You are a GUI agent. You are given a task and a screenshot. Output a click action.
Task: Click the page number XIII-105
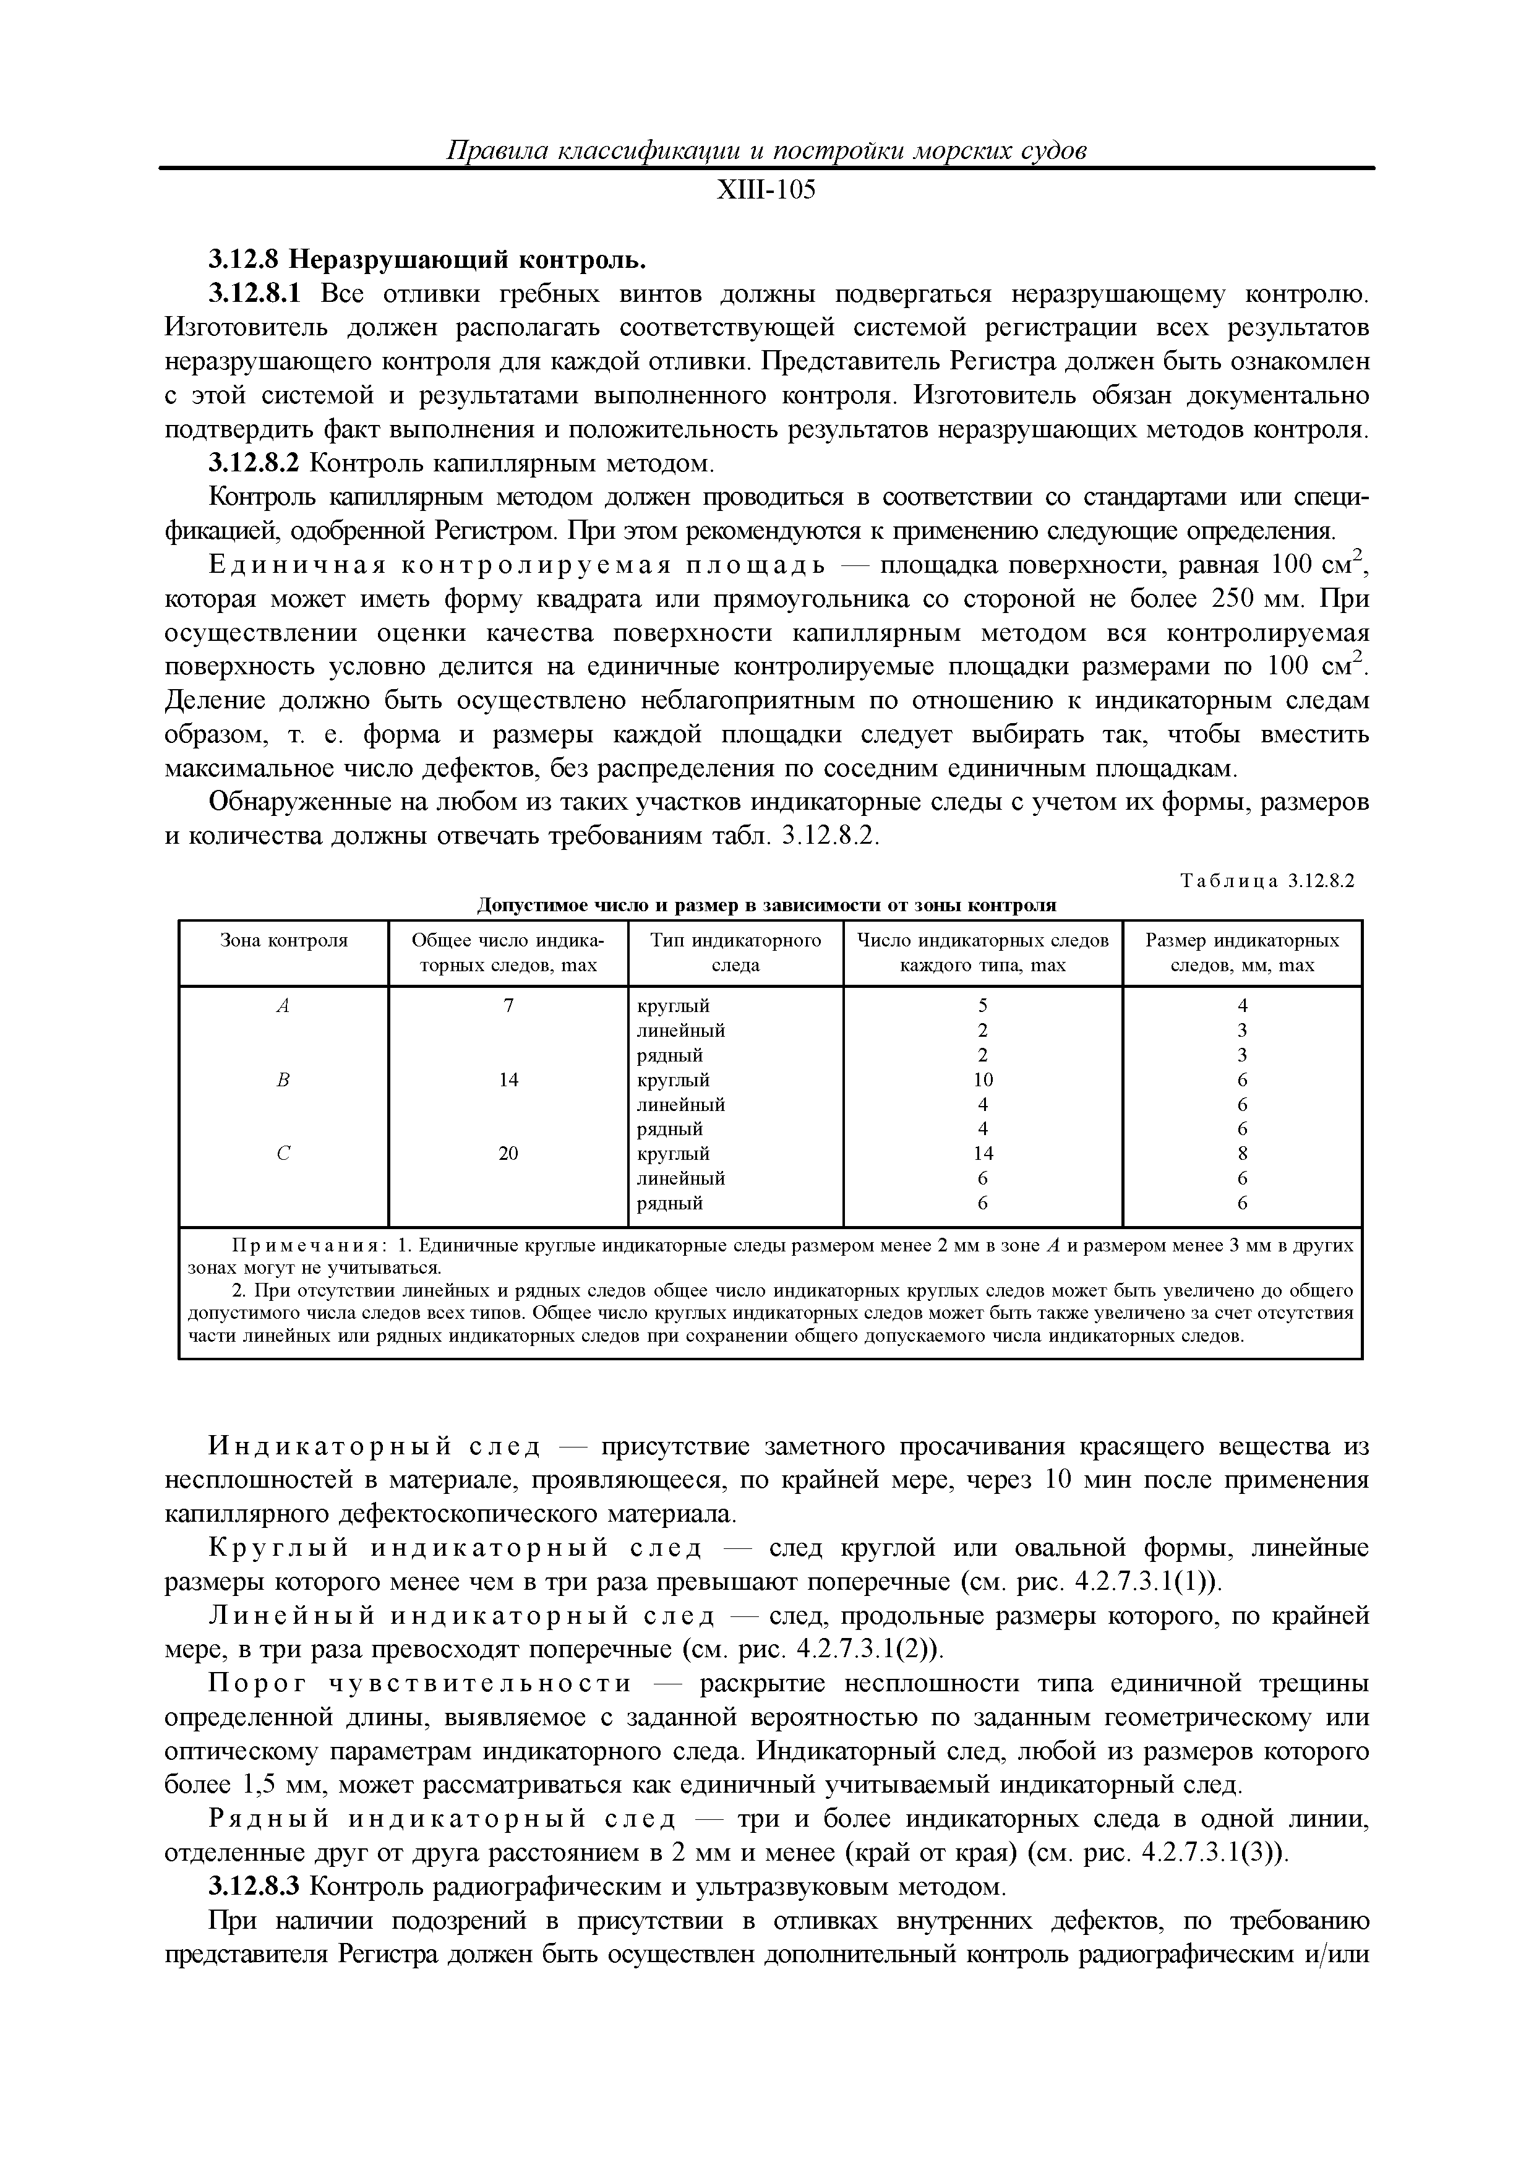(x=766, y=191)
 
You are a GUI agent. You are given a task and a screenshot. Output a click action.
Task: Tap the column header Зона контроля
(x=283, y=940)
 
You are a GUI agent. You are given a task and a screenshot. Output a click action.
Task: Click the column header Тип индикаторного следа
(x=735, y=953)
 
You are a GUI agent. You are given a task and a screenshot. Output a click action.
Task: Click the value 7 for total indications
(x=508, y=1006)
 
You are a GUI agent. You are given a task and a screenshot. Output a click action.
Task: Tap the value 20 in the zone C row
(x=508, y=1153)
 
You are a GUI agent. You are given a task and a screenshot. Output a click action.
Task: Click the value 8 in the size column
(x=1242, y=1153)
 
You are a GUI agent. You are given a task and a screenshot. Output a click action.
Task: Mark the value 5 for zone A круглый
(x=983, y=1006)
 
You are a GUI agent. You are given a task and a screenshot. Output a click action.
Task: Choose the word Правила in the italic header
(x=494, y=150)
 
